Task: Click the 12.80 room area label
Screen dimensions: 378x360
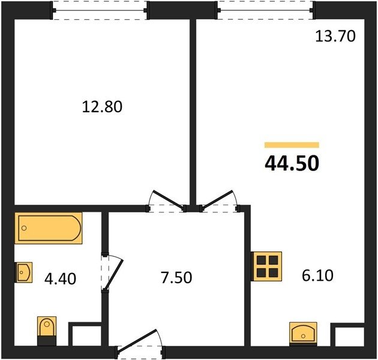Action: point(102,107)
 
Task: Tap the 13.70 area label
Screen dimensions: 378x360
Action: point(335,37)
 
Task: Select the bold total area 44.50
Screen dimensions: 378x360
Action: point(292,163)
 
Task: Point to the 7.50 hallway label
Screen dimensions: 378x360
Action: point(176,277)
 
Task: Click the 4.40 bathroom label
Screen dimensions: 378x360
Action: point(60,279)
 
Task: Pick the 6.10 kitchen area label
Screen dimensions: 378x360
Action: point(318,275)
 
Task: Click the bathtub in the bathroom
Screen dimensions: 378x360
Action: point(49,228)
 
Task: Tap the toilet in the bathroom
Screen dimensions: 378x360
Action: point(47,331)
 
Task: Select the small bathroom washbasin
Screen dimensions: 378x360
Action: point(23,272)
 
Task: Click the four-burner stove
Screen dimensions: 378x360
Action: point(266,266)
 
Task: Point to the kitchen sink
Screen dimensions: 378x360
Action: point(303,334)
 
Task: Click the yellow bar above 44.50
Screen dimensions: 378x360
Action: point(292,145)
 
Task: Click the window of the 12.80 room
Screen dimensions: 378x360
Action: point(100,10)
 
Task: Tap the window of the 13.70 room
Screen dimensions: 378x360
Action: point(265,10)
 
